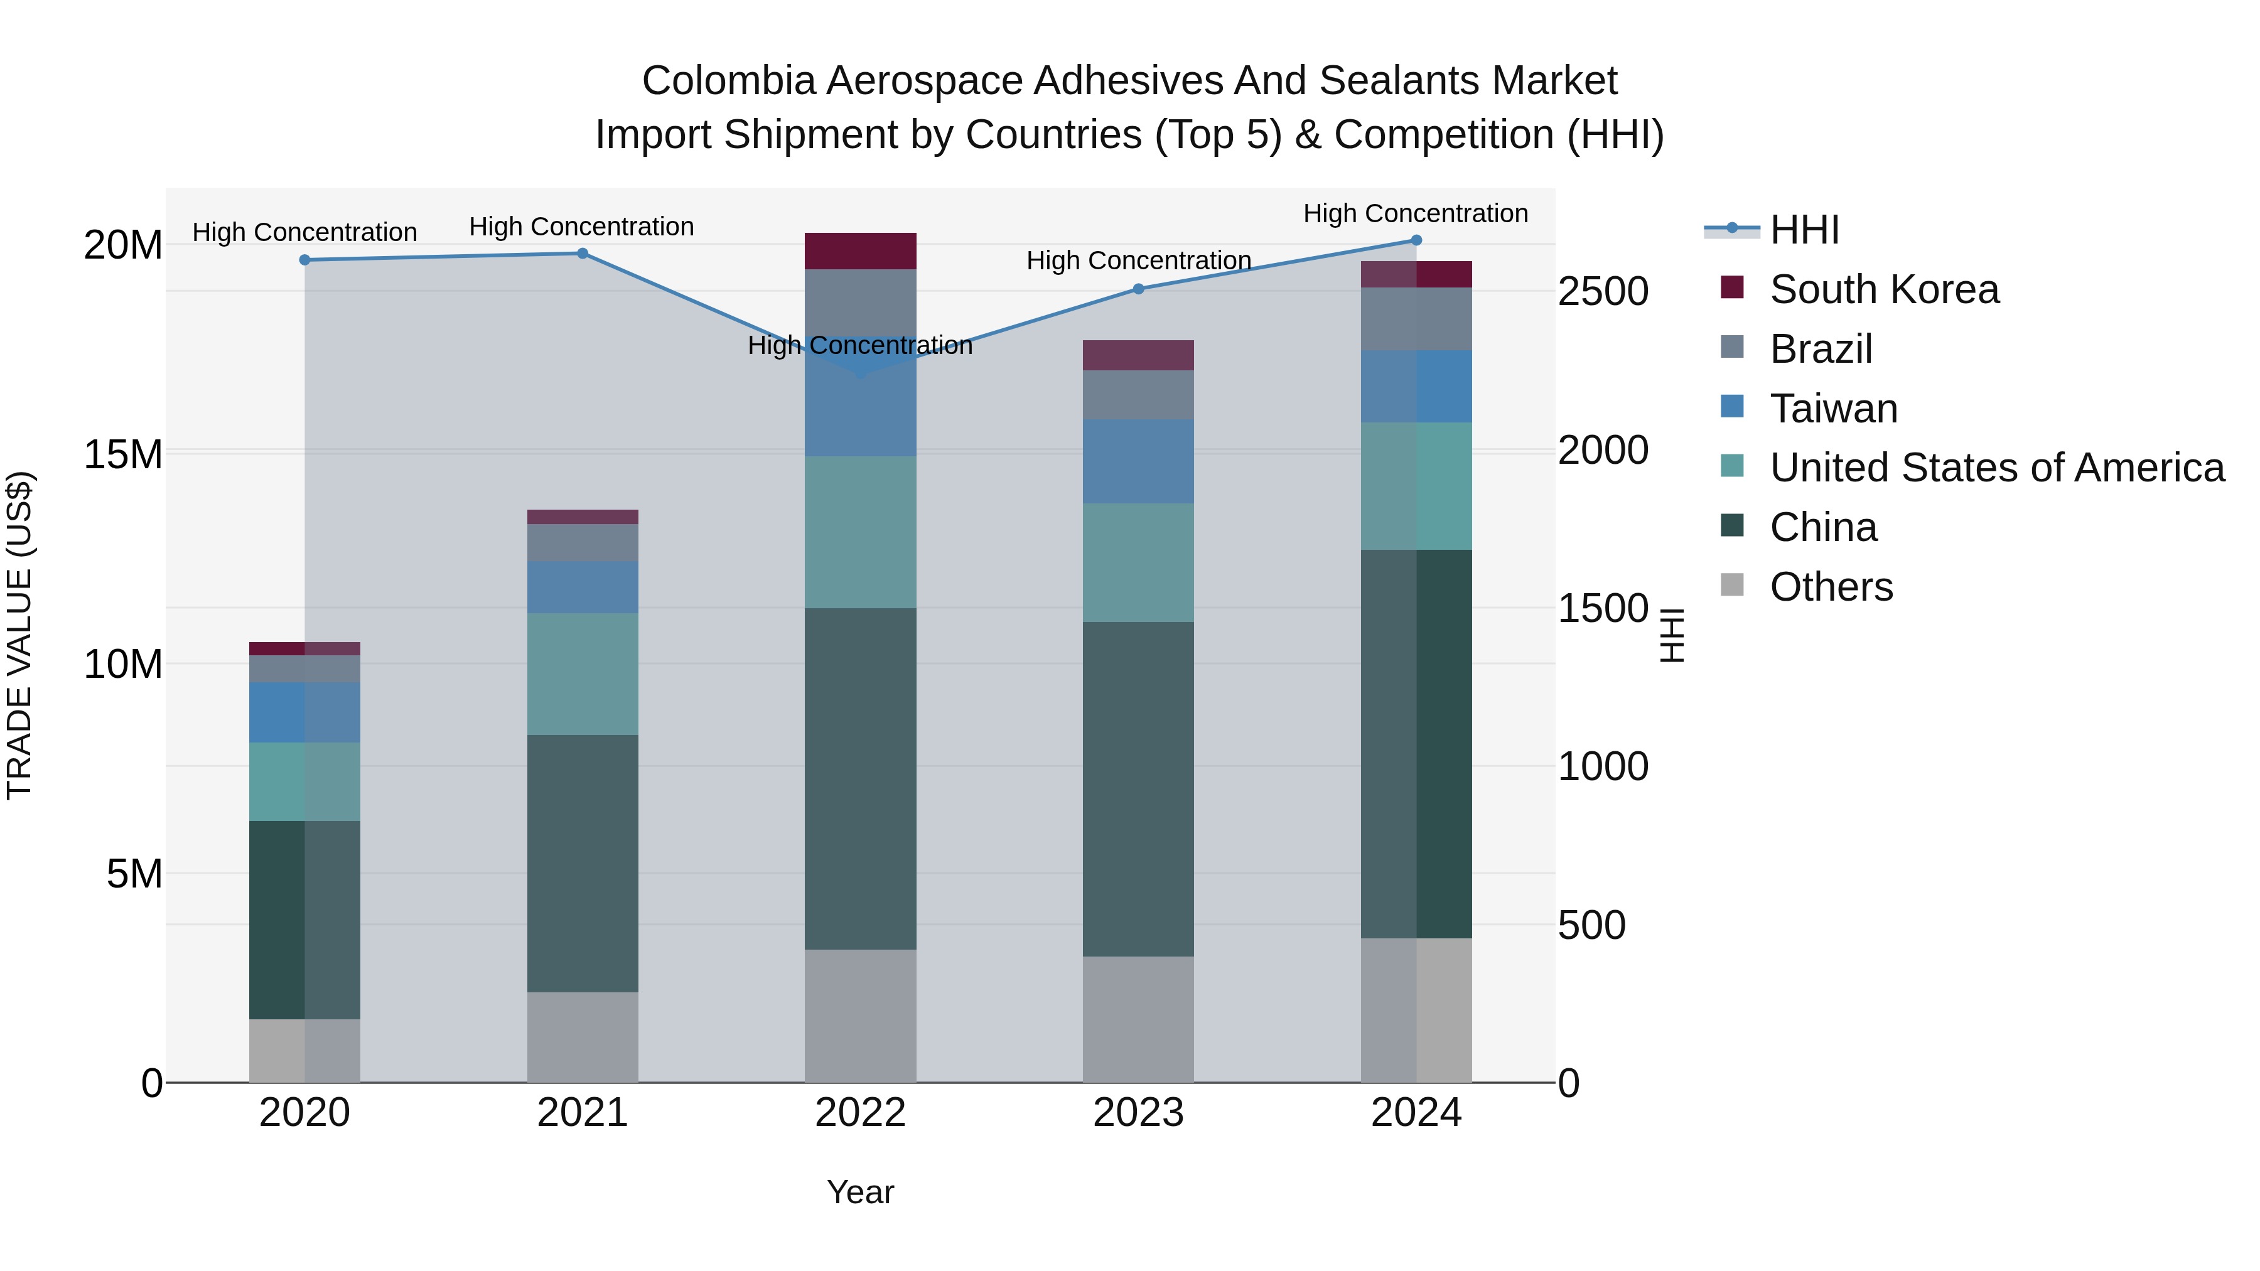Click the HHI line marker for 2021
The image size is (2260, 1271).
(582, 254)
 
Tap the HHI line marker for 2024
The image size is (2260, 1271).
(1416, 240)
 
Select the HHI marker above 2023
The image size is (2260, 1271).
(1138, 289)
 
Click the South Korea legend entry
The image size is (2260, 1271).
(1883, 289)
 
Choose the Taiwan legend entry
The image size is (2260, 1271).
(1834, 409)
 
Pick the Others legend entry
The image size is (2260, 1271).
(1831, 587)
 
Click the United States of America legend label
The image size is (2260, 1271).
(1997, 468)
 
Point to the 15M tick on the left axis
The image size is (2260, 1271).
(123, 454)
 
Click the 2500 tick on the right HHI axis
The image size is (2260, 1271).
(1603, 291)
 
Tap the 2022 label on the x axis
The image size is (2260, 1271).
(860, 1113)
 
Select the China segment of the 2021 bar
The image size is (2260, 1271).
(583, 864)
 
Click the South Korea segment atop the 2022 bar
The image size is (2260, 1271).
(860, 251)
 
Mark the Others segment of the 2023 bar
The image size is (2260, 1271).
(1138, 1019)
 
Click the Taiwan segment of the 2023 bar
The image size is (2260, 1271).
(1138, 461)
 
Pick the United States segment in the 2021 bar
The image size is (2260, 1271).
(583, 673)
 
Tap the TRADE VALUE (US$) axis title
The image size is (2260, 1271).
(19, 635)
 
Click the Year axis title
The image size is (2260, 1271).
(860, 1192)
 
